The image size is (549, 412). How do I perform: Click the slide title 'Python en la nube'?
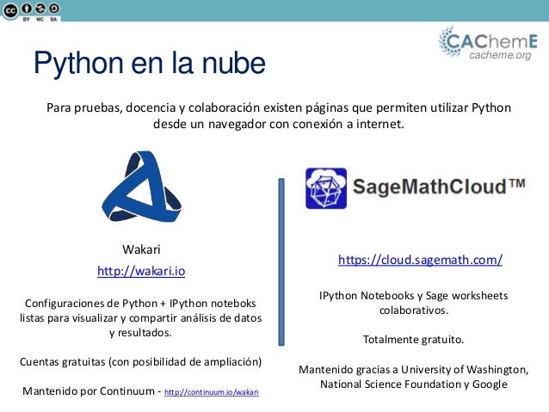149,63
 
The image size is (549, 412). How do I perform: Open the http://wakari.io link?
141,271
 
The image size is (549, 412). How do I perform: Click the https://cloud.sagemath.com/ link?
420,260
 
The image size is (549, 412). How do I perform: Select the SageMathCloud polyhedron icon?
326,188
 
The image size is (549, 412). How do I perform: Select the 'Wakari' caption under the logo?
141,250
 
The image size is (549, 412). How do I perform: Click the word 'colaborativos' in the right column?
413,311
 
